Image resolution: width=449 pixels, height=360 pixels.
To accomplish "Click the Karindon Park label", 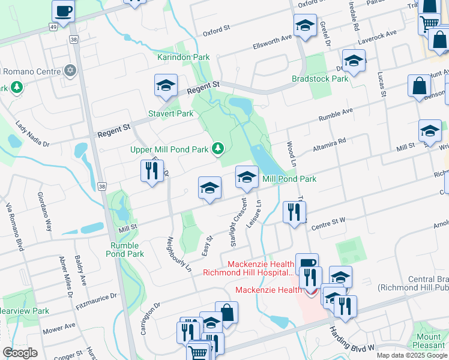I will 183,57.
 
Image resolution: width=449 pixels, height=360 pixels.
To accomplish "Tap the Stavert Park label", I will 171,113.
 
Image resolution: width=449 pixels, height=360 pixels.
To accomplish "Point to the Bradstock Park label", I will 320,79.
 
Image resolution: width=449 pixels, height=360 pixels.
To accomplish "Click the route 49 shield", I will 53,28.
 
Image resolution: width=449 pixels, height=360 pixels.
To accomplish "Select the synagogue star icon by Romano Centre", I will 70,71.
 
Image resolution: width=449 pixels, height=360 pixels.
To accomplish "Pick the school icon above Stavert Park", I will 165,86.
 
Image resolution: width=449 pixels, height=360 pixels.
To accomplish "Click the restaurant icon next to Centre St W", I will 294,212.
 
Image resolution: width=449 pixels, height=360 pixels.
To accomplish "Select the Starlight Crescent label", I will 237,222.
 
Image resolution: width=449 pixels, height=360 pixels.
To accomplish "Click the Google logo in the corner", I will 20,352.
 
